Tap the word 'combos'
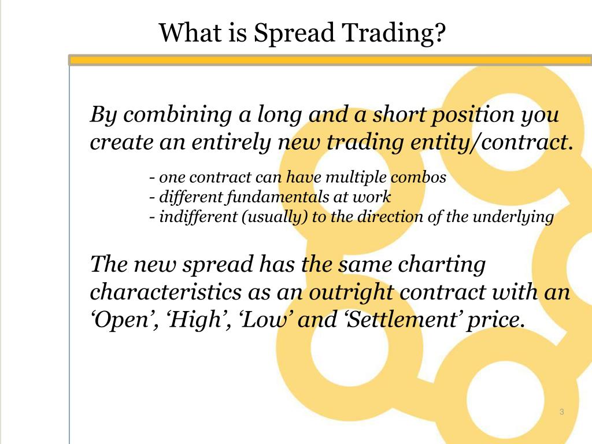[x=421, y=177]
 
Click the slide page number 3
[x=561, y=412]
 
